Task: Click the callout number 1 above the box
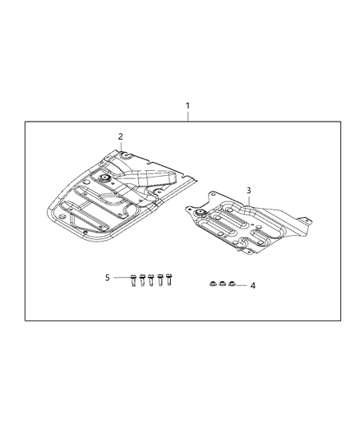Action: tap(187, 106)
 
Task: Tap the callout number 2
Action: tap(120, 136)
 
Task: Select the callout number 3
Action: tap(248, 191)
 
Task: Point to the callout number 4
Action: tap(253, 286)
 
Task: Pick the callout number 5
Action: tap(108, 278)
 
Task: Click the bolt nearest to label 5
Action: tap(133, 280)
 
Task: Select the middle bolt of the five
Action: tap(150, 280)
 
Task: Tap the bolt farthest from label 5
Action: tap(168, 279)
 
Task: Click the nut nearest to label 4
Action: tap(232, 284)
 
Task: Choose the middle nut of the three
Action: tap(222, 284)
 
